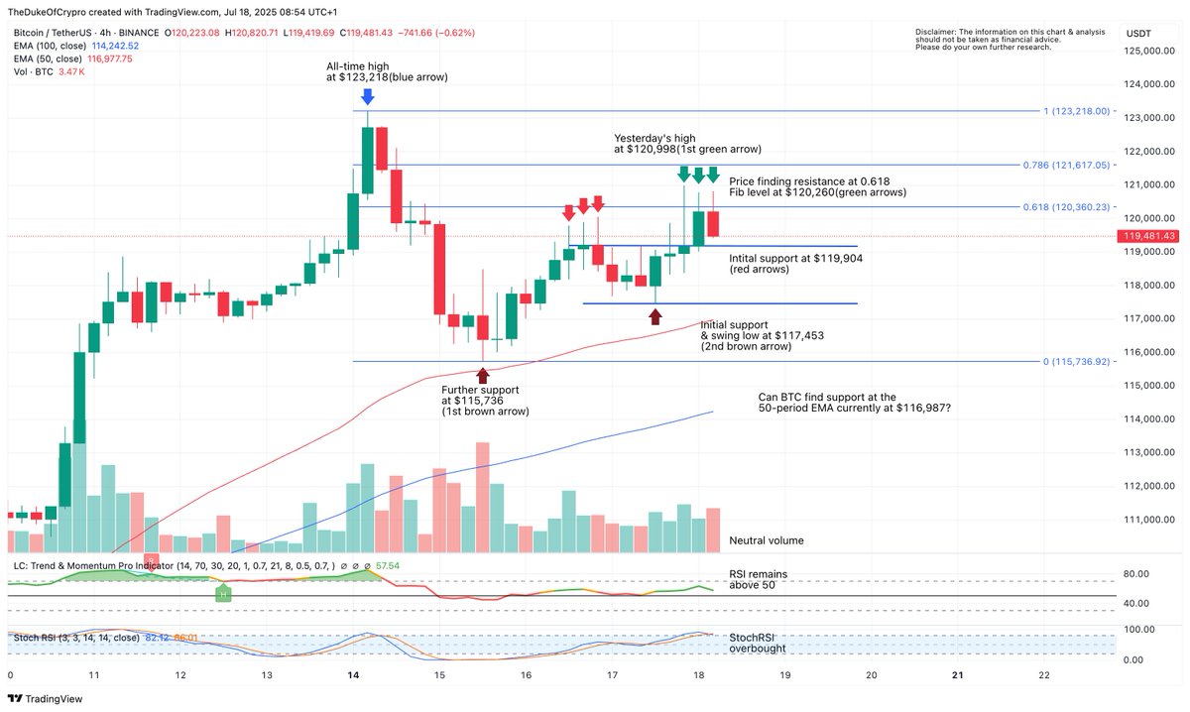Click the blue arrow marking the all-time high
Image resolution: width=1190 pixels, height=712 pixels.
pos(368,96)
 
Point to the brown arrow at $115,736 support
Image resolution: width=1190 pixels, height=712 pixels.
pos(483,375)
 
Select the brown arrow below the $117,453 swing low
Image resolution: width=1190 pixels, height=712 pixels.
pos(655,316)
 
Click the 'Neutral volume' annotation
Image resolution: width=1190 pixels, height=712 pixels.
pos(766,540)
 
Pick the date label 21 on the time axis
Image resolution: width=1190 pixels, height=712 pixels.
pos(957,674)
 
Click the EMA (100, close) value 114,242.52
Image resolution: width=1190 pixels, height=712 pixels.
pos(114,46)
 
